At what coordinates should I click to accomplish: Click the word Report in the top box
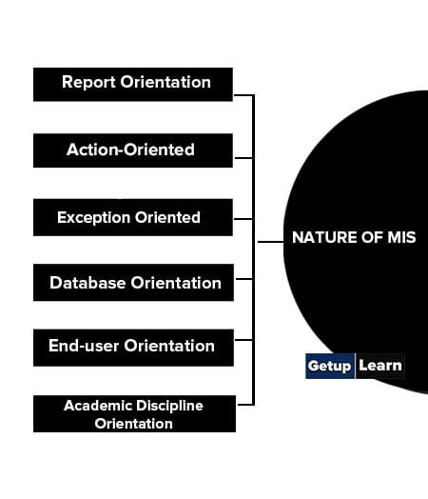pyautogui.click(x=88, y=83)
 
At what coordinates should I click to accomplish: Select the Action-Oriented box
pyautogui.click(x=133, y=150)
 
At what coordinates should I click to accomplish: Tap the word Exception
pyautogui.click(x=94, y=218)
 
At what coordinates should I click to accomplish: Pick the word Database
pyautogui.click(x=88, y=283)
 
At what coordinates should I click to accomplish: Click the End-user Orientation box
pyautogui.click(x=133, y=348)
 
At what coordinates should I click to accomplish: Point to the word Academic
pyautogui.click(x=98, y=406)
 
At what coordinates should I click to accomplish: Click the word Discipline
pyautogui.click(x=169, y=406)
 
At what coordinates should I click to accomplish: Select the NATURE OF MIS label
pyautogui.click(x=354, y=237)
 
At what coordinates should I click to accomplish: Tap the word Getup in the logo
pyautogui.click(x=329, y=366)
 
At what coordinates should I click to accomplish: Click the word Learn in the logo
pyautogui.click(x=380, y=366)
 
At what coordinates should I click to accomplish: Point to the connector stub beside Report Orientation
pyautogui.click(x=243, y=95)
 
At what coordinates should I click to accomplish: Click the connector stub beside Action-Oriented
pyautogui.click(x=243, y=157)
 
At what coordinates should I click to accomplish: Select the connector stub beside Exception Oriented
pyautogui.click(x=243, y=219)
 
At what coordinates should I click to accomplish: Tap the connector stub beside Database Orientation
pyautogui.click(x=244, y=279)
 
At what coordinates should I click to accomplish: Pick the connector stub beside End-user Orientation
pyautogui.click(x=244, y=340)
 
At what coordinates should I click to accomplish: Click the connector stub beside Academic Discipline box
pyautogui.click(x=245, y=405)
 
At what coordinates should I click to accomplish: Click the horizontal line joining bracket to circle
pyautogui.click(x=270, y=242)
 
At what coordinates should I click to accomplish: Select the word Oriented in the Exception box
pyautogui.click(x=167, y=218)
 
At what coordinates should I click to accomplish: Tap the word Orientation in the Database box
pyautogui.click(x=176, y=283)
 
